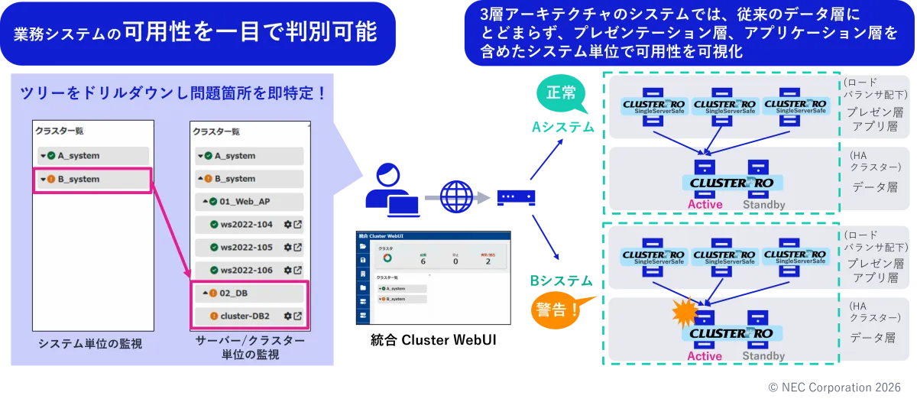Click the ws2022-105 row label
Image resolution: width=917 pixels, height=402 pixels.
pos(246,248)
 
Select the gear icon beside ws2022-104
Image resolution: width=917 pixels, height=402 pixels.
pos(287,225)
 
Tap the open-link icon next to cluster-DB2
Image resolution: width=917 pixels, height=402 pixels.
pos(297,316)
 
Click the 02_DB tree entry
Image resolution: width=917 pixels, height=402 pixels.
pos(234,293)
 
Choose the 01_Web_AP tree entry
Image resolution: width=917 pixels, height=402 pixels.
pos(244,202)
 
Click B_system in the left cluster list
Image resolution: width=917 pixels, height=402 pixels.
pos(79,180)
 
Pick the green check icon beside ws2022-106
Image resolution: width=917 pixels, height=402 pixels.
pos(214,271)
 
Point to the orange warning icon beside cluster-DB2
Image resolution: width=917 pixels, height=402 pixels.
pos(214,316)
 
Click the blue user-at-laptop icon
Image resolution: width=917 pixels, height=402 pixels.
pos(390,192)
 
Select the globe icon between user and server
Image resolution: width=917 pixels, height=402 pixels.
pos(456,196)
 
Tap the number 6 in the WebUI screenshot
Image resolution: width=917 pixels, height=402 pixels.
pos(423,261)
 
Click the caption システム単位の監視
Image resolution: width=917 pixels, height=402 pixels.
pos(90,344)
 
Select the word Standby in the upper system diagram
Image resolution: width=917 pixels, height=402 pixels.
pos(764,205)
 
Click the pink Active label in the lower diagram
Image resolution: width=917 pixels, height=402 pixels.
pos(705,356)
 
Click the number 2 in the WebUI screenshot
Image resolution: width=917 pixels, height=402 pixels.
pos(488,261)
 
